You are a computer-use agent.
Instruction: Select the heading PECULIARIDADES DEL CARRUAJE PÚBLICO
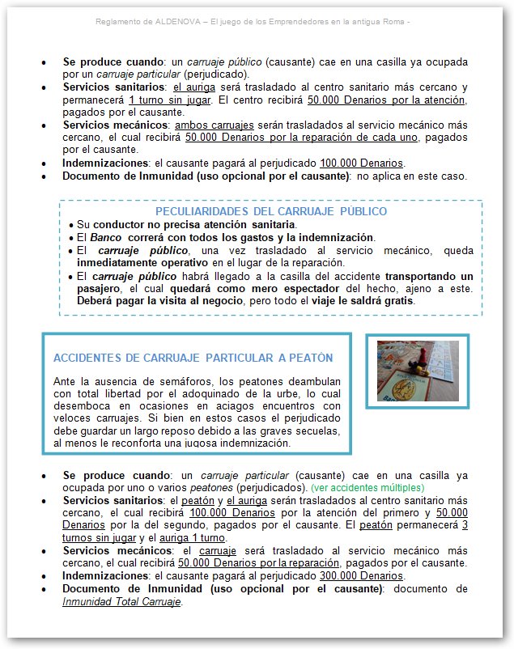coord(270,211)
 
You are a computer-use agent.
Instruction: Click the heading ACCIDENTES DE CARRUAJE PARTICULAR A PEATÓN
coord(193,358)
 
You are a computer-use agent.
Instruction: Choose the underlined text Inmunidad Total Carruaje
coord(121,601)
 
